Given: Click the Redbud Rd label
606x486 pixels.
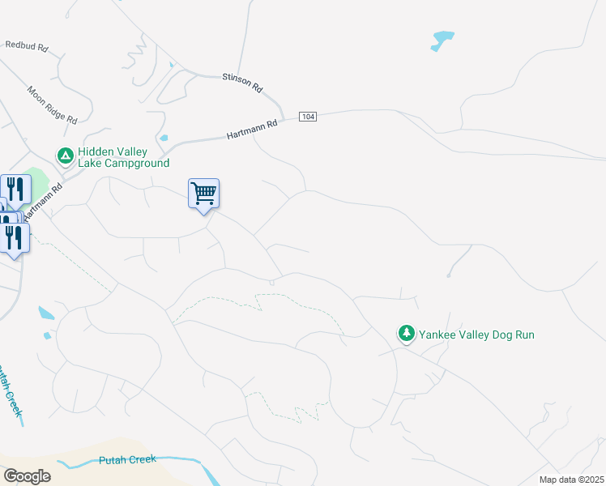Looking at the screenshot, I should tap(26, 46).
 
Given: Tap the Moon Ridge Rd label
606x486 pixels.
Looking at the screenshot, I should tap(51, 104).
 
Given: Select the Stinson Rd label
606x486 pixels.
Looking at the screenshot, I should tap(243, 83).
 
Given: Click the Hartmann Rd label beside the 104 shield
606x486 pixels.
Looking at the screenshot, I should tap(251, 128).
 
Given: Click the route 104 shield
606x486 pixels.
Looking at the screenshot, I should tap(307, 117).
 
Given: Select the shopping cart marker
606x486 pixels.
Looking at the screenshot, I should tap(203, 193).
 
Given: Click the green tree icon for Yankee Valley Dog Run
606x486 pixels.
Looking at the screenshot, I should tap(406, 333).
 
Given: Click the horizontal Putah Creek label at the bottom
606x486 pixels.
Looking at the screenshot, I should tap(126, 460).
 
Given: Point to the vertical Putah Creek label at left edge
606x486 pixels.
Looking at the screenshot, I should tap(11, 389).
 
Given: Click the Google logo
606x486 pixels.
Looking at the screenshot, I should tap(27, 476).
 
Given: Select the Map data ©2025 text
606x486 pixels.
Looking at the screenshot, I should tap(570, 480).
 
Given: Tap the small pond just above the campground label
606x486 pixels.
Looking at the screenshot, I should tap(164, 138).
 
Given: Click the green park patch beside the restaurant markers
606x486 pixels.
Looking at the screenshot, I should tap(38, 180).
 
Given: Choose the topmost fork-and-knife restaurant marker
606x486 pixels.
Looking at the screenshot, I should tap(16, 190).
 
